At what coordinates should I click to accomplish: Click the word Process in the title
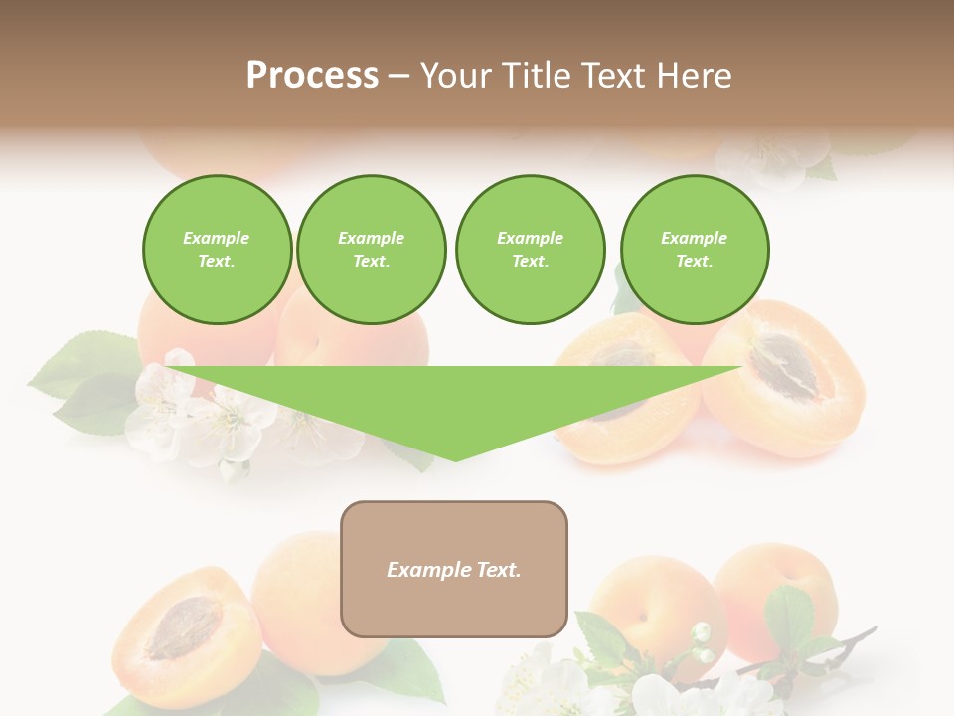312,76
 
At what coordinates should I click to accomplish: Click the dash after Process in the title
399,78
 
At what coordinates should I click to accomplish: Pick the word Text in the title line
613,76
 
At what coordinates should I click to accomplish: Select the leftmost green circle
217,250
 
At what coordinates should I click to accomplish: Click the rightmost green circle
694,250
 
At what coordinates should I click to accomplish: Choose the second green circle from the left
371,250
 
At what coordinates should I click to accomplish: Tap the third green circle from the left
530,250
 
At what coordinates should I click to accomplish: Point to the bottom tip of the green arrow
455,458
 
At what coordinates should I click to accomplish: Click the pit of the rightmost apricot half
784,368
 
